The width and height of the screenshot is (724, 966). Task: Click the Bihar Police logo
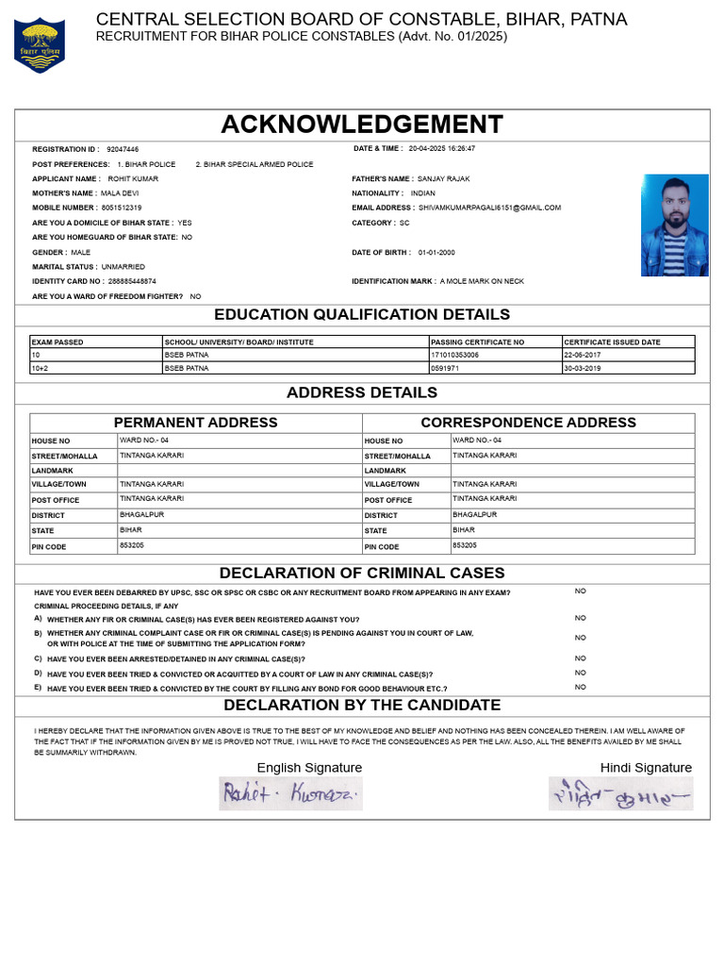pos(40,44)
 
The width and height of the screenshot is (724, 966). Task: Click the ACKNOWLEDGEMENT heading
pos(362,125)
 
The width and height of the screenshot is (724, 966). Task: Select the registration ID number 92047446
pos(123,149)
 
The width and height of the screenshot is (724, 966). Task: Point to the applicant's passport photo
pos(674,225)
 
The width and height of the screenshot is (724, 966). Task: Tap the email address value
pos(489,208)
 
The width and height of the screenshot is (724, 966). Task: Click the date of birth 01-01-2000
pos(436,253)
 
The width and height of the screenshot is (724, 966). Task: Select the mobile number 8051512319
pos(122,208)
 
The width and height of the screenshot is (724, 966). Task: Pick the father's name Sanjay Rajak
pos(443,178)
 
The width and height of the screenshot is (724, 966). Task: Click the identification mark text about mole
pos(482,281)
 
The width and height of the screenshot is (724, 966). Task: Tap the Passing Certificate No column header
pos(477,341)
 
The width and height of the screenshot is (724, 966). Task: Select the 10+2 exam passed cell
pos(41,368)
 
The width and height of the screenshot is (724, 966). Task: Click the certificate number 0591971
pos(445,368)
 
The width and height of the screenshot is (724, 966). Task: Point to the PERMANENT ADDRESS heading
pos(196,423)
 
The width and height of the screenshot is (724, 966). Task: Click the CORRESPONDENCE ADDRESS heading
pos(528,423)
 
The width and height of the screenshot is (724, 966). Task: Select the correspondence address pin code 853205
pos(465,545)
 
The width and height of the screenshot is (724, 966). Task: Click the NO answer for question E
pos(580,687)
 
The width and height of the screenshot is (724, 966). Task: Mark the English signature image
pos(290,793)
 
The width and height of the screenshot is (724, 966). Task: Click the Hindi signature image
pos(621,793)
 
